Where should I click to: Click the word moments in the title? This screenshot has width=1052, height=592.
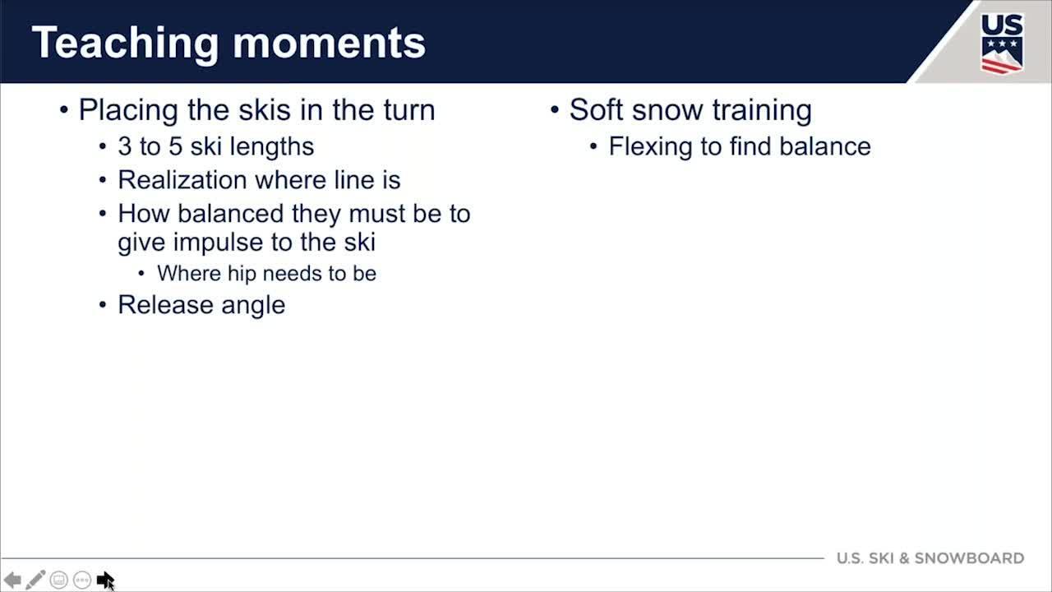pyautogui.click(x=330, y=44)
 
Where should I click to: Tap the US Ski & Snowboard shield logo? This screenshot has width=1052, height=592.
pyautogui.click(x=1002, y=44)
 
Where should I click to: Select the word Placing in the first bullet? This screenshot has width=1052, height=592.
pyautogui.click(x=128, y=111)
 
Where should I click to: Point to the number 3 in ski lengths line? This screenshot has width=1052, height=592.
pyautogui.click(x=124, y=146)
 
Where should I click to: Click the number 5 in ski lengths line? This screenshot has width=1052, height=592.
pyautogui.click(x=175, y=146)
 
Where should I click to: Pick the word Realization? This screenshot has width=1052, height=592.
pyautogui.click(x=182, y=180)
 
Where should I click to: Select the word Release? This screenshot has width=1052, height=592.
pyautogui.click(x=166, y=305)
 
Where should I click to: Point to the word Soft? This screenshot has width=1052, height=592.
pyautogui.click(x=597, y=110)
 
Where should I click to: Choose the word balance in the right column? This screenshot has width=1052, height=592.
pyautogui.click(x=825, y=146)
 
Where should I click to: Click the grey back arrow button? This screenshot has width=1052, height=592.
pyautogui.click(x=12, y=580)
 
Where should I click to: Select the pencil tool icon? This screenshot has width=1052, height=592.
pyautogui.click(x=35, y=580)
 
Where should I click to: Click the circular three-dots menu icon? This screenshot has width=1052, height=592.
pyautogui.click(x=82, y=580)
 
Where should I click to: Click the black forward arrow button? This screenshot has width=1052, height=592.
pyautogui.click(x=104, y=580)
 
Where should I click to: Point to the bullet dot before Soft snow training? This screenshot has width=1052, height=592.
pyautogui.click(x=555, y=110)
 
